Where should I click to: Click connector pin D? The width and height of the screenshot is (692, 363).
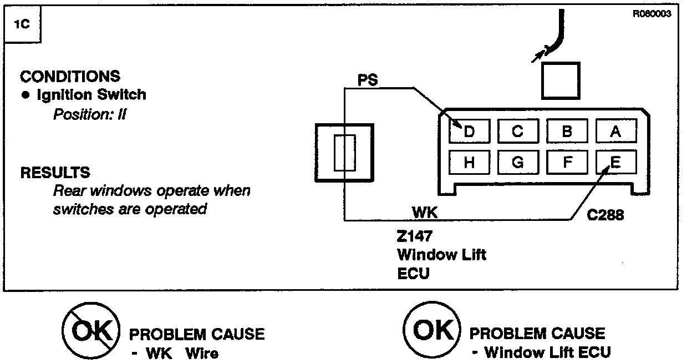[469, 132]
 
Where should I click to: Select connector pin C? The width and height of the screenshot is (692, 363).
[517, 132]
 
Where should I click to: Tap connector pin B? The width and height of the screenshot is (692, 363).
[567, 132]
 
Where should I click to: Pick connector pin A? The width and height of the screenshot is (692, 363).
[615, 132]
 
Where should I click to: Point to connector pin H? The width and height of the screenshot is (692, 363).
[469, 162]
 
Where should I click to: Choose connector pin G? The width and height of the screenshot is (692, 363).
[517, 162]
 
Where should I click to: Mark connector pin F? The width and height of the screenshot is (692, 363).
[567, 162]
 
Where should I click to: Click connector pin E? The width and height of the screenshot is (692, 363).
[615, 162]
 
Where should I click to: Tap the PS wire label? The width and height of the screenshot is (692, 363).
[367, 80]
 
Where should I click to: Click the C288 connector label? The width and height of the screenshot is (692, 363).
[605, 215]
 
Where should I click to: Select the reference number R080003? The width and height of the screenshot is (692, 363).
[652, 14]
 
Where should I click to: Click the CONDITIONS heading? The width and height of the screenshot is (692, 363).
[70, 76]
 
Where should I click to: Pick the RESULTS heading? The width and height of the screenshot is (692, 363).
[55, 172]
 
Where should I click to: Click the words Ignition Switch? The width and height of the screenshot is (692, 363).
[91, 95]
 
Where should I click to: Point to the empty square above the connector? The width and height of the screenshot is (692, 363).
[560, 80]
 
